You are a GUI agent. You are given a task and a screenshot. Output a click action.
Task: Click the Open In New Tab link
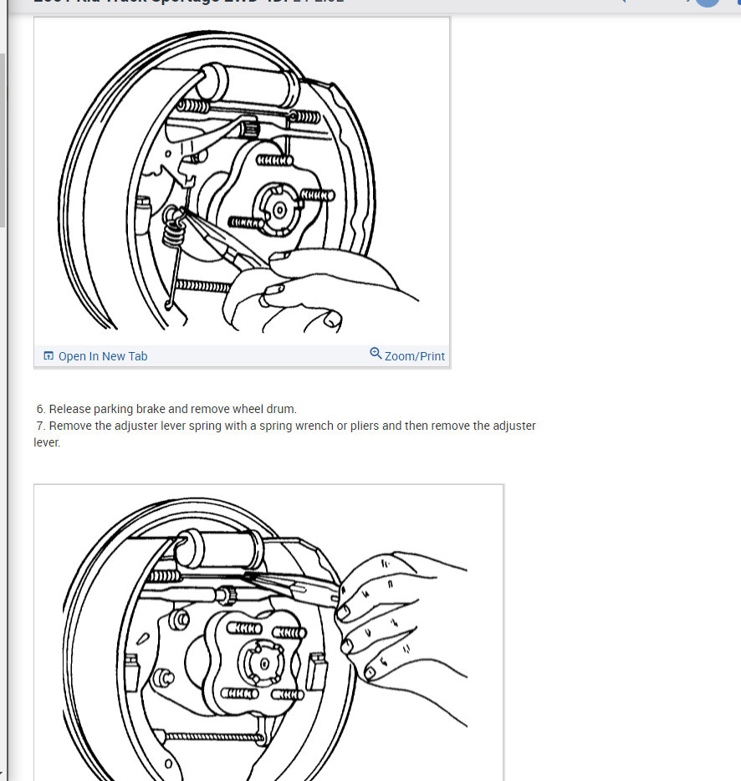102,356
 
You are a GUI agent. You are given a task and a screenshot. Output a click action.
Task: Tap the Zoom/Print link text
414,356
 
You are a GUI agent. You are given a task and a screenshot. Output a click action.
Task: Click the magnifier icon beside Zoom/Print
376,354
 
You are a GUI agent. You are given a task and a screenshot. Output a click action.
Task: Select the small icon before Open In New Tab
49,356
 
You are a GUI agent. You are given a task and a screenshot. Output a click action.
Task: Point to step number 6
40,409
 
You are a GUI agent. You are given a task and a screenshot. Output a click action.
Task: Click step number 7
40,426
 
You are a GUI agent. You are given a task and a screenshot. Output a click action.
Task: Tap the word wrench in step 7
315,426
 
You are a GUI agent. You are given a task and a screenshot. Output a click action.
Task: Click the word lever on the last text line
47,442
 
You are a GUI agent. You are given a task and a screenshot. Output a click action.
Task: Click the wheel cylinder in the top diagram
250,81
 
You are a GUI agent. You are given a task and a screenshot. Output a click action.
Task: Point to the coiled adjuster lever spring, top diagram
173,227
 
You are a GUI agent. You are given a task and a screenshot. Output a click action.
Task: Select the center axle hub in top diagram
278,209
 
